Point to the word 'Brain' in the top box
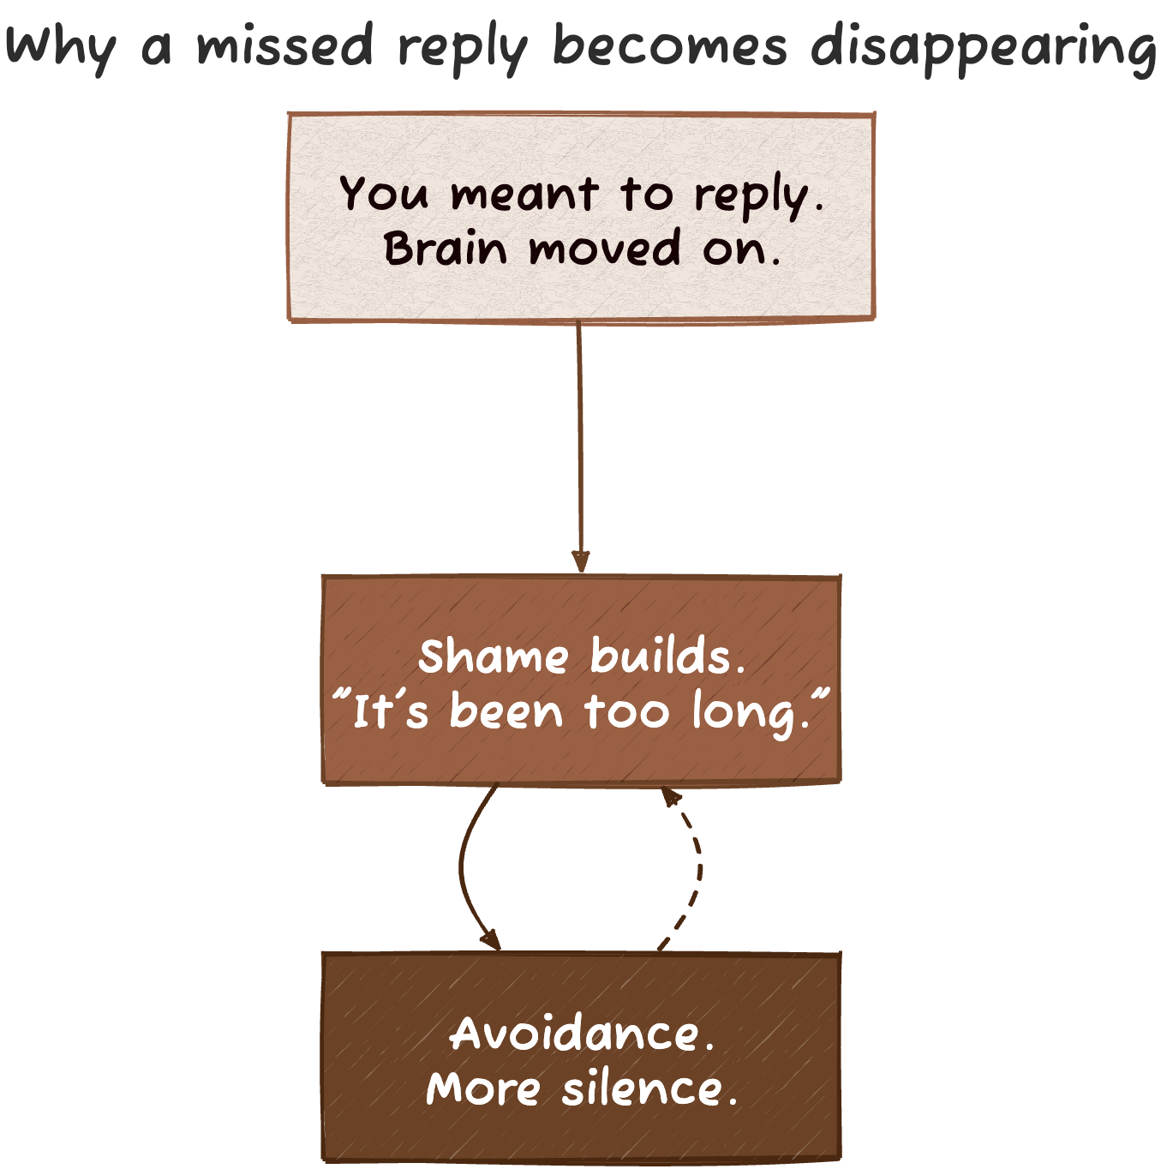click(446, 249)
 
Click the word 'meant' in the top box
click(524, 195)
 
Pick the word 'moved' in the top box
click(605, 249)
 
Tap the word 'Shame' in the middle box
click(494, 657)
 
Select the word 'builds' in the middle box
click(661, 657)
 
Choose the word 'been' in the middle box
click(506, 712)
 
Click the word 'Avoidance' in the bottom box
click(575, 1034)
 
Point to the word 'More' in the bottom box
click(482, 1089)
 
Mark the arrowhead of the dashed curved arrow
click(671, 797)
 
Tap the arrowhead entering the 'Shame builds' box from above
click(581, 562)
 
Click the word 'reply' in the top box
click(751, 196)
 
